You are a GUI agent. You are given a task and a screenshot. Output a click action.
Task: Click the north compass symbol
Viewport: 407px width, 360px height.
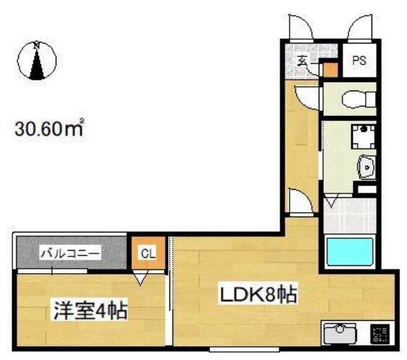[37, 60]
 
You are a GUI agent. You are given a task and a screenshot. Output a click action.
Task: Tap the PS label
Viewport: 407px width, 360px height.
[358, 62]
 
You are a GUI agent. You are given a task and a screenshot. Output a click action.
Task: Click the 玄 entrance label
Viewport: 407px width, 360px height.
[302, 62]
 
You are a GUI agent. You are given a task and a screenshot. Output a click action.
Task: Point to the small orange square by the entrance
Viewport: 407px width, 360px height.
[330, 70]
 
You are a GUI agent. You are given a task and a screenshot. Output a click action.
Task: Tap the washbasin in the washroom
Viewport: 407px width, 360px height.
[366, 168]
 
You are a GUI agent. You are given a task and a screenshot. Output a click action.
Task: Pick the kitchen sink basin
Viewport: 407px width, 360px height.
[340, 335]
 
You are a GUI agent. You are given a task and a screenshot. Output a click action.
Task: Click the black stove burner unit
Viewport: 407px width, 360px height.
[379, 335]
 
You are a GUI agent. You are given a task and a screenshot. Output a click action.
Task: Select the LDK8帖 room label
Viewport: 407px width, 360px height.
[250, 296]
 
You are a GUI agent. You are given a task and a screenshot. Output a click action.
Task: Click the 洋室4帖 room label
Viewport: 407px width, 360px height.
[88, 311]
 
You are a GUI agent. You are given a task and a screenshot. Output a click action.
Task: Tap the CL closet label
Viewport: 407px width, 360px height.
[147, 254]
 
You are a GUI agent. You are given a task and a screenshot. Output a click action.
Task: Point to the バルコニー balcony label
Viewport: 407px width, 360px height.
[70, 254]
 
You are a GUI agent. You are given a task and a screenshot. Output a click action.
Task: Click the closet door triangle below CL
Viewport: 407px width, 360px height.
[141, 276]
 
